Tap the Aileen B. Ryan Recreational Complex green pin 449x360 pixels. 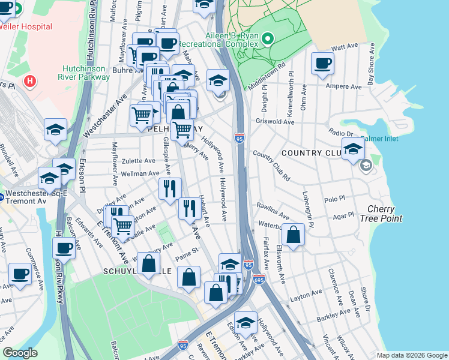coord(268,40)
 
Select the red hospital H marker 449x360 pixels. coord(28,80)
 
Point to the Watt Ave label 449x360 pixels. coord(345,47)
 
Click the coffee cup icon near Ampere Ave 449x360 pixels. coord(322,63)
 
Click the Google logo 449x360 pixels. coord(20,353)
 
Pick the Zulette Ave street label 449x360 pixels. coord(139,161)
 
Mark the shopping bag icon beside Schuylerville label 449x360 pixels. coord(148,263)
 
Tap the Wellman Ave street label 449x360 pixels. coord(140,173)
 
